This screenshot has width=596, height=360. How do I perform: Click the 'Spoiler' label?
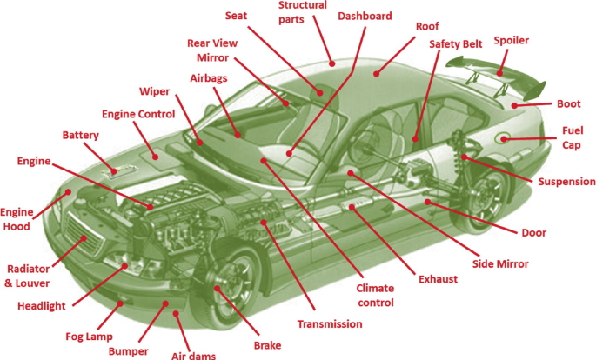[x=511, y=40]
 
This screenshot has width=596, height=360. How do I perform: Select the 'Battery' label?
[x=80, y=136]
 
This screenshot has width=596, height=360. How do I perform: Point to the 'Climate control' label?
[x=375, y=296]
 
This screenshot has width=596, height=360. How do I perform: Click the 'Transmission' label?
[x=329, y=324]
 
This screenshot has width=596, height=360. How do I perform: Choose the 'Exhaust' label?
[x=437, y=280]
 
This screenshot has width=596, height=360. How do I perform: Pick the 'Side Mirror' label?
[x=500, y=263]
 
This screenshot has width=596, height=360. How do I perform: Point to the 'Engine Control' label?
[x=138, y=114]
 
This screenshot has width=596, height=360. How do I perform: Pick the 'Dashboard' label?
[x=365, y=16]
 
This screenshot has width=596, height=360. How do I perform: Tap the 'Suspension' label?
[x=567, y=182]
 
